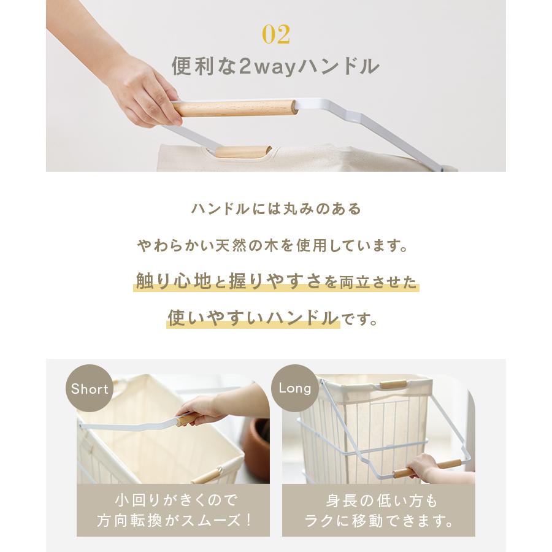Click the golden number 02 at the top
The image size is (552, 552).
(x=275, y=34)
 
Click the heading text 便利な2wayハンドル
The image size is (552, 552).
(x=275, y=66)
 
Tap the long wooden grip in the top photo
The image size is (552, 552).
(x=235, y=108)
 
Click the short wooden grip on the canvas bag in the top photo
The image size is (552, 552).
(x=243, y=151)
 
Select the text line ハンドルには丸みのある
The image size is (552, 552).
(x=276, y=209)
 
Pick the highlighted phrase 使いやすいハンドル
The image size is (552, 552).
(x=253, y=318)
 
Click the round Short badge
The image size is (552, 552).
(x=90, y=389)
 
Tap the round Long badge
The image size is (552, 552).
(x=295, y=388)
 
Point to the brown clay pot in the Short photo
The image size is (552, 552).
(x=258, y=448)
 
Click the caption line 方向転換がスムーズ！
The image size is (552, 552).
(x=175, y=521)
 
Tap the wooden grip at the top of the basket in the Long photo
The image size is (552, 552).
(x=393, y=385)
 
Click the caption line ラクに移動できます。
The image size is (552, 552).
(x=380, y=521)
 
